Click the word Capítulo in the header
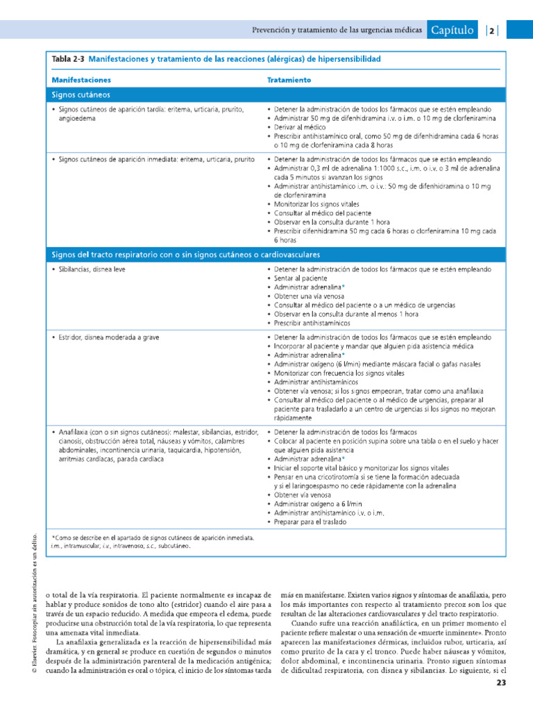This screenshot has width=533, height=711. coord(452,30)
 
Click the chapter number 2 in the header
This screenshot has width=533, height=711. coord(491,30)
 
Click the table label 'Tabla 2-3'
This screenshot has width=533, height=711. coord(68,60)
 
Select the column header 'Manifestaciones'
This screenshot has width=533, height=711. coord(81,80)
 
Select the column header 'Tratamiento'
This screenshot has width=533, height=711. coord(289,80)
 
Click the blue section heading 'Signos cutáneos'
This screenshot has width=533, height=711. coord(81,94)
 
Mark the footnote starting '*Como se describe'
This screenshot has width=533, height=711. coord(153,537)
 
